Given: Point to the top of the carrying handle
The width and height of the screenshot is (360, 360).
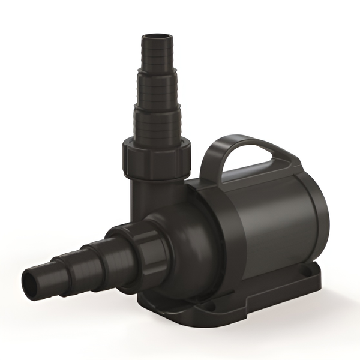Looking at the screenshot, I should (x=252, y=143).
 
